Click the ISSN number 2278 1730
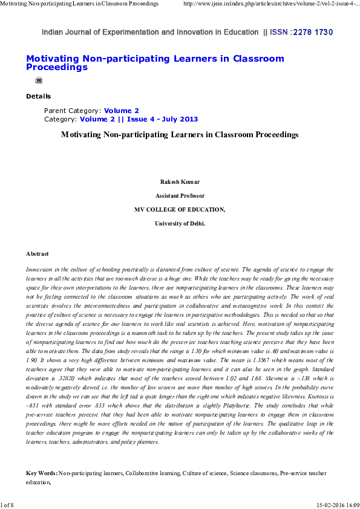coord(312,32)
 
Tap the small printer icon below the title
coord(39,80)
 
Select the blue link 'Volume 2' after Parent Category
coord(121,111)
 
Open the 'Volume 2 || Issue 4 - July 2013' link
coord(130,120)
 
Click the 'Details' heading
coord(38,97)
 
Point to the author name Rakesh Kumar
coord(180,182)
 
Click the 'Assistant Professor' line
coord(180,196)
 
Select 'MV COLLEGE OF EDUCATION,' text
coord(180,210)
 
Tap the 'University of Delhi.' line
coord(180,224)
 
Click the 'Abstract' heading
coord(38,254)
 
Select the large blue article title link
coord(154,63)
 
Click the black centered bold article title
coord(180,135)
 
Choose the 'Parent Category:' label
coord(73,111)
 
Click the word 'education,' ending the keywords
coord(38,484)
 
